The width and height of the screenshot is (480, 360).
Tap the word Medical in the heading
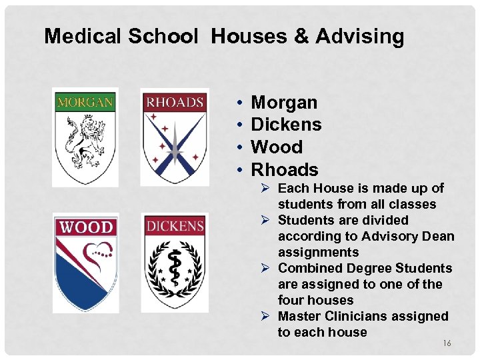click(85, 36)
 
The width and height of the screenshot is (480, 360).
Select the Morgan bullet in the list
click(284, 103)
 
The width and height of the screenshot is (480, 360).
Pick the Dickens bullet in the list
click(286, 125)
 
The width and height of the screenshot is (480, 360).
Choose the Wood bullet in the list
click(276, 147)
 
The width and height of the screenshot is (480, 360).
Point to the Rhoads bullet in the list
click(285, 169)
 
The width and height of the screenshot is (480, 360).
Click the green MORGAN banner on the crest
click(85, 103)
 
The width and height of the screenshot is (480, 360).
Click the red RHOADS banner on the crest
click(174, 103)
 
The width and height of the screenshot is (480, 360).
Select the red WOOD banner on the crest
click(86, 227)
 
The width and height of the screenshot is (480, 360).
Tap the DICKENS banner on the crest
click(174, 227)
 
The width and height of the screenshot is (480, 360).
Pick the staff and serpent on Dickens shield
click(174, 265)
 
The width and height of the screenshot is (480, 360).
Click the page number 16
click(447, 343)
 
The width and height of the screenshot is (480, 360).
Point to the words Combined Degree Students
click(365, 268)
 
